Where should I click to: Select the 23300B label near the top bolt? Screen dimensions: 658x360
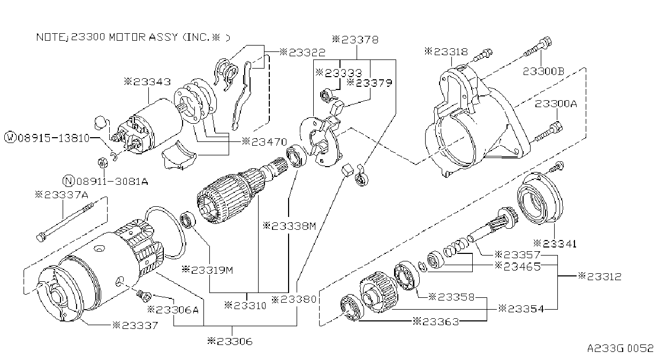(544, 71)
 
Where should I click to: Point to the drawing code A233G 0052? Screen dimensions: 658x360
(621, 348)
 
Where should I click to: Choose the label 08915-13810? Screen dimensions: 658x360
(54, 138)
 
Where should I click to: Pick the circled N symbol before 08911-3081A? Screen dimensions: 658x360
(69, 181)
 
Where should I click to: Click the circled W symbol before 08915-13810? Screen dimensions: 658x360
(10, 138)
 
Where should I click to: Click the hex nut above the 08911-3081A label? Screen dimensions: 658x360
(102, 162)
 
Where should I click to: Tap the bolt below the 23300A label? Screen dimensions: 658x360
(549, 131)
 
